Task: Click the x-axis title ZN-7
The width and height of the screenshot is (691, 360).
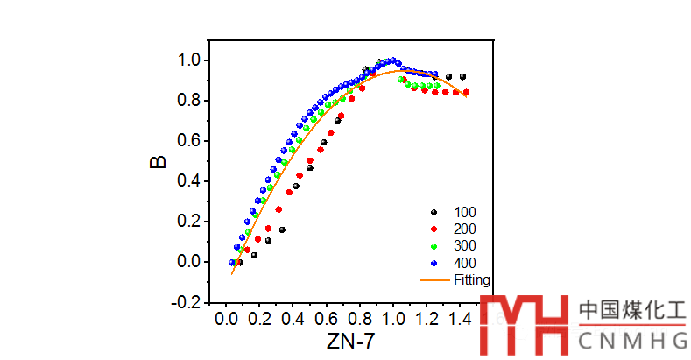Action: click(350, 342)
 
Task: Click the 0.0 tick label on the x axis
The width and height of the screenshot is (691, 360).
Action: click(226, 320)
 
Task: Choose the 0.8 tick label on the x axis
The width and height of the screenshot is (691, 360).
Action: click(360, 320)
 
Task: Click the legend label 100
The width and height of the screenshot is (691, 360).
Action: click(465, 212)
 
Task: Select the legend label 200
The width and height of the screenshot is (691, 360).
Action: click(465, 229)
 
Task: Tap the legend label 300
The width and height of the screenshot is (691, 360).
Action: click(465, 246)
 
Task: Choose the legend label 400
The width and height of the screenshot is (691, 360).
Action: click(465, 263)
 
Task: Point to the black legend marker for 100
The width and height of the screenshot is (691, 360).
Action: click(433, 212)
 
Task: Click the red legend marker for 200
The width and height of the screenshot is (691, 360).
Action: click(433, 229)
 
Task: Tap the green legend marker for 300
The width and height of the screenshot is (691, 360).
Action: click(433, 246)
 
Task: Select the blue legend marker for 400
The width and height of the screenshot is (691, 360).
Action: click(433, 263)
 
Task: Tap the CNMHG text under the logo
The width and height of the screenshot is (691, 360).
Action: click(632, 339)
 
